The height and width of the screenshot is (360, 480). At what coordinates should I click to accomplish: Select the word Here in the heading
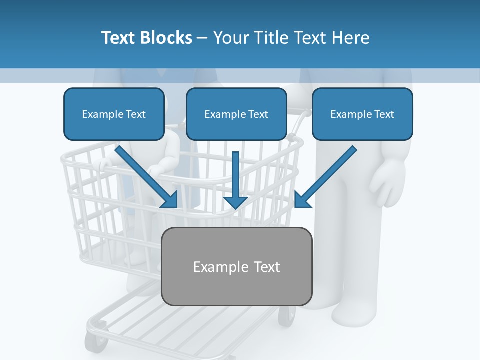click(350, 38)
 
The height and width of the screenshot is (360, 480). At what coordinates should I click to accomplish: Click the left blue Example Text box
click(114, 114)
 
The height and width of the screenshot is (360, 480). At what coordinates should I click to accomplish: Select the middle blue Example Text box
click(236, 114)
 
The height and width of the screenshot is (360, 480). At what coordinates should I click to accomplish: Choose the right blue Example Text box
click(362, 114)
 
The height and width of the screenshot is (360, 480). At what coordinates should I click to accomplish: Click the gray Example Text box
click(237, 266)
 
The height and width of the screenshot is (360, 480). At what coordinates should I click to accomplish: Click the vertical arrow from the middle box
click(236, 175)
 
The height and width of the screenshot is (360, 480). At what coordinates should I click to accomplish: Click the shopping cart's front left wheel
click(96, 342)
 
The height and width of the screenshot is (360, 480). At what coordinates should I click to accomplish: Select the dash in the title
click(202, 38)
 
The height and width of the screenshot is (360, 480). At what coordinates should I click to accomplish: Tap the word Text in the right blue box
click(384, 114)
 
